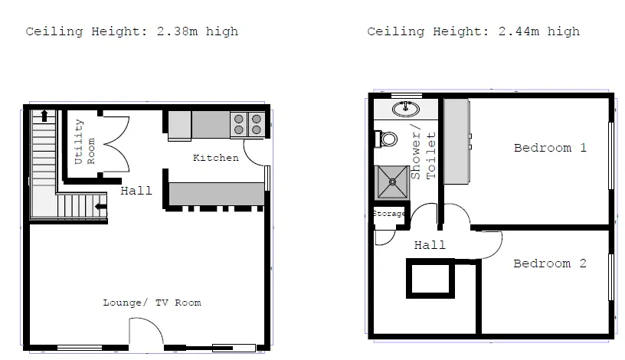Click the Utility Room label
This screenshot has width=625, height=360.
tap(85, 142)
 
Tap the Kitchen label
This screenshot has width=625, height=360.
tap(216, 158)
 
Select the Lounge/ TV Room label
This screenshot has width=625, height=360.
tap(152, 303)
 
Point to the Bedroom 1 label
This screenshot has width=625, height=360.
tap(550, 148)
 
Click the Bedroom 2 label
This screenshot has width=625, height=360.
tap(550, 263)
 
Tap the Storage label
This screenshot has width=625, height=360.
tap(389, 214)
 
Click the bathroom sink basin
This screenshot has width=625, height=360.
tap(406, 109)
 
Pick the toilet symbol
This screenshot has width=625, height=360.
tap(386, 139)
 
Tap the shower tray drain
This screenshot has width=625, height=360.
tap(393, 182)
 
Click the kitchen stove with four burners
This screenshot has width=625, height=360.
tap(247, 124)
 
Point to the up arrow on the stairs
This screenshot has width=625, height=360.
tap(44, 116)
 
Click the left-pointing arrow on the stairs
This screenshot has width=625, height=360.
tap(101, 207)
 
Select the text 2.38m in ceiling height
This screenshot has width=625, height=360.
tap(177, 31)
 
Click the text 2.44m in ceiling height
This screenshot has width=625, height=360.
tap(519, 31)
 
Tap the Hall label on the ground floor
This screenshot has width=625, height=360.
tap(136, 191)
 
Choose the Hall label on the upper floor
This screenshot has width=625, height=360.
tap(430, 245)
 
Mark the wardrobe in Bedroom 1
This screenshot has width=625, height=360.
tap(456, 142)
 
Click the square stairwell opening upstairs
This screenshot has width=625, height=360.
tap(430, 260)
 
